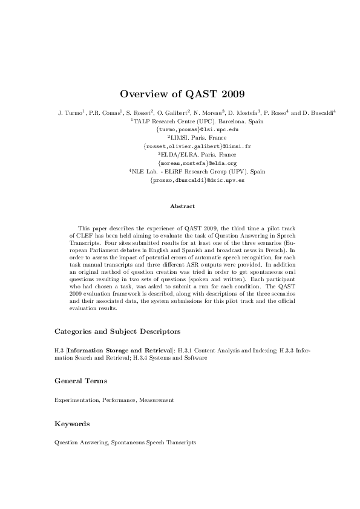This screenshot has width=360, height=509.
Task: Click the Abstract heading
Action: pos(182,207)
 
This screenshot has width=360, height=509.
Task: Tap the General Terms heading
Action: pos(80,381)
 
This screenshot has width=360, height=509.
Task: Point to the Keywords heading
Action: pos(72,424)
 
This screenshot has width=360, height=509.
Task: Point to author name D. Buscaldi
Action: pos(318,113)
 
